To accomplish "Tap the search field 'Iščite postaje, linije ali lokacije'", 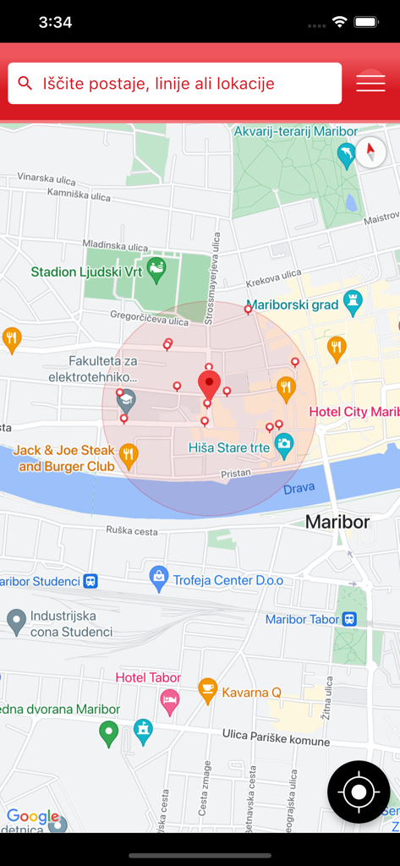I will (x=174, y=84).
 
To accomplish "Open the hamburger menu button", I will (x=370, y=83).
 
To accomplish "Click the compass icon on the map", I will (x=370, y=153).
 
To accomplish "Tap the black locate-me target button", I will (x=359, y=792).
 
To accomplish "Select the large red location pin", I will (x=209, y=385).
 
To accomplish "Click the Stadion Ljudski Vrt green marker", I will (x=156, y=270).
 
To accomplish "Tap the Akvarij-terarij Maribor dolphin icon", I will (x=346, y=155).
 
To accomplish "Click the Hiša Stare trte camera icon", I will (x=284, y=444).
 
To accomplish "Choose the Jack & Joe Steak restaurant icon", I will (x=128, y=456).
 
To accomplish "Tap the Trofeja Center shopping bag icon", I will (x=158, y=578).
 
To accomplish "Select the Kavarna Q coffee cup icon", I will (x=207, y=690).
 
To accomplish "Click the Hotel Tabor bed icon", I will (x=170, y=702).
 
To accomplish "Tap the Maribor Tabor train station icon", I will (x=349, y=619).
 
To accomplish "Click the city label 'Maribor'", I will (x=337, y=522).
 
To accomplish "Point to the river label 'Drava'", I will (x=299, y=490).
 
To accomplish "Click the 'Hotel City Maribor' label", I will (x=353, y=412).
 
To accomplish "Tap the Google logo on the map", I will (x=33, y=816).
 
